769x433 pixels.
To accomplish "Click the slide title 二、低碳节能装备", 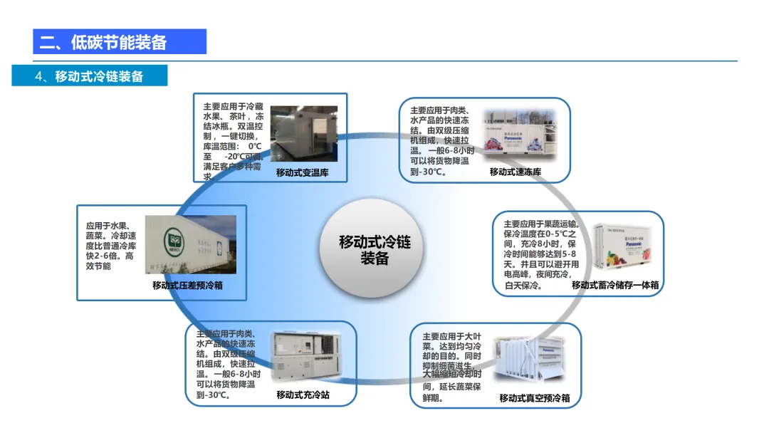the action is (103, 42).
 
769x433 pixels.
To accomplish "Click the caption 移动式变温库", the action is (303, 172).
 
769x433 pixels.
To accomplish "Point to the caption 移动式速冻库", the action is (516, 172).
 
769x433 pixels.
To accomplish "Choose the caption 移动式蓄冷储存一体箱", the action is (615, 285).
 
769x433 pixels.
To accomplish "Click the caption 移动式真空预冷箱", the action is (535, 397).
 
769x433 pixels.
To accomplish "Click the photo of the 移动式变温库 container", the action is (303, 134).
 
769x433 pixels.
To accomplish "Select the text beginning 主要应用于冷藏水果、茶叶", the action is (233, 141).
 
